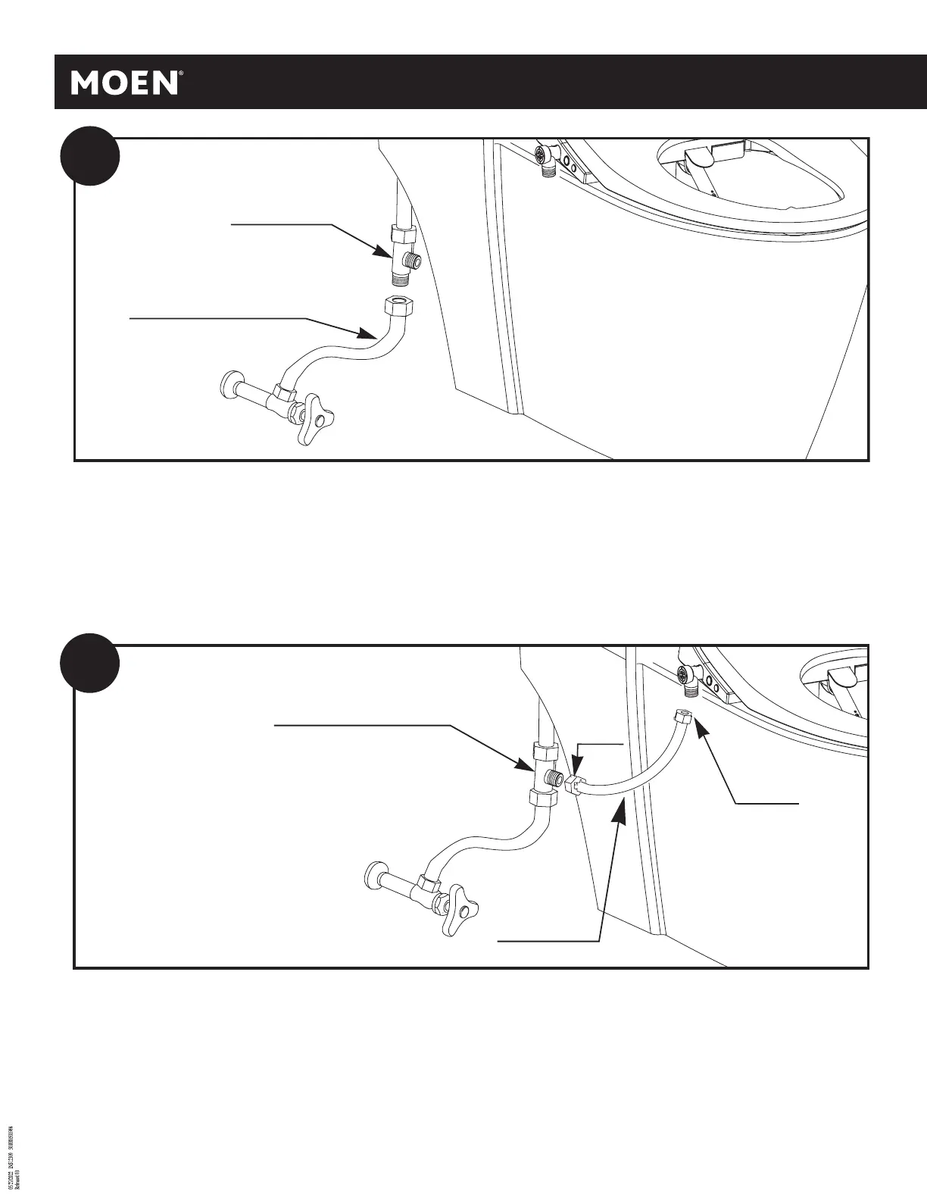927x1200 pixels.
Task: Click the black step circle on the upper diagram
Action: tap(90, 155)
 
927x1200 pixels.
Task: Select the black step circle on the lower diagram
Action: tap(90, 662)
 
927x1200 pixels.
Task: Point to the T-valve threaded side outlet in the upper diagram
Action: tap(414, 260)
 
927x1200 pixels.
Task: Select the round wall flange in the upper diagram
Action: tap(229, 384)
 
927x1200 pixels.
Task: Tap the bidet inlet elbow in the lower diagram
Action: tap(688, 680)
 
